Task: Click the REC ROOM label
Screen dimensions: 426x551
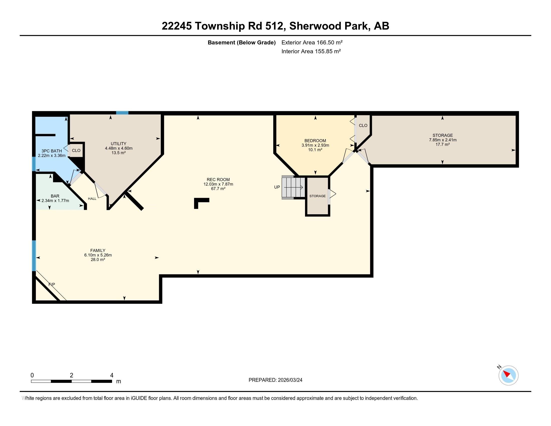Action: coord(218,180)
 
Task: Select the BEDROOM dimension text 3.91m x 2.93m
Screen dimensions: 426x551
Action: coord(315,145)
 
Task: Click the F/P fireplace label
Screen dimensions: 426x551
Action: coord(52,284)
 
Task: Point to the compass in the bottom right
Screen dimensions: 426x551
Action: coord(508,376)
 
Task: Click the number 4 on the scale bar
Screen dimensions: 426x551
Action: coord(111,375)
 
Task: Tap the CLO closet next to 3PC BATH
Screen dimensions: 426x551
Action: coord(76,150)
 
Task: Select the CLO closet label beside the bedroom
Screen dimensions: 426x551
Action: coord(363,126)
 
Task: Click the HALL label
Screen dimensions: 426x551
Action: coord(92,199)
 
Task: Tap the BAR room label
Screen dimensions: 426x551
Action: coord(55,196)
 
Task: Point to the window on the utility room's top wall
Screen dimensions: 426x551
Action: coord(122,113)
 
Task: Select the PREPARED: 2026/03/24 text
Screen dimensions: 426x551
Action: coord(275,380)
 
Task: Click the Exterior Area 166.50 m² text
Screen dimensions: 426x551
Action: coord(312,42)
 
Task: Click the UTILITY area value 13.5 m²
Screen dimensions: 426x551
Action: coord(118,153)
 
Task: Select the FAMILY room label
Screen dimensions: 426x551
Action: coord(98,251)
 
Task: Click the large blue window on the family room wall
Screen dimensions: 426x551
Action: coord(34,255)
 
